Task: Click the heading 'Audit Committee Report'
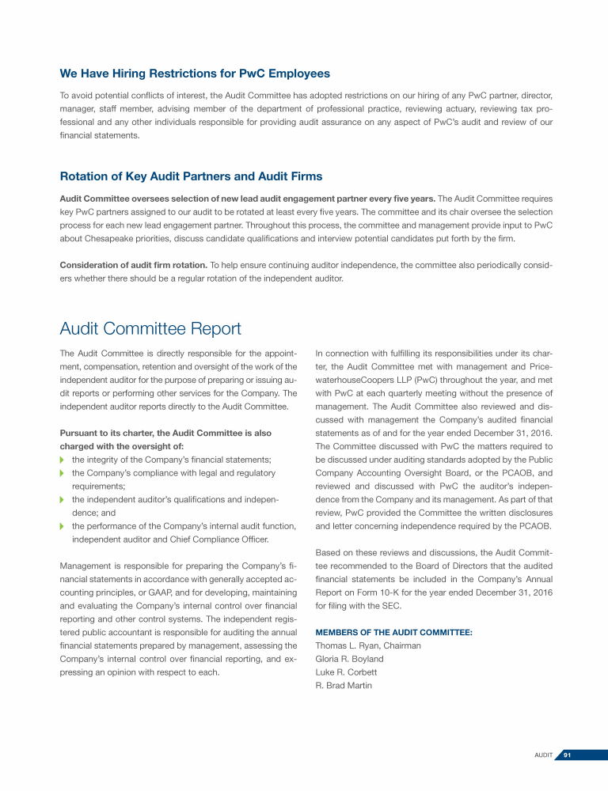(150, 327)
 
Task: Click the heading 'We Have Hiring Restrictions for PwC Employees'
(195, 74)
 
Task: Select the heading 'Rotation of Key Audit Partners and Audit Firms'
(191, 176)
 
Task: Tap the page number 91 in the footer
(567, 756)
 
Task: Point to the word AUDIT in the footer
(543, 756)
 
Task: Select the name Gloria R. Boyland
(349, 659)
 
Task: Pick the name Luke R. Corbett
(345, 672)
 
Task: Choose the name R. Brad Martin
(344, 686)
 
